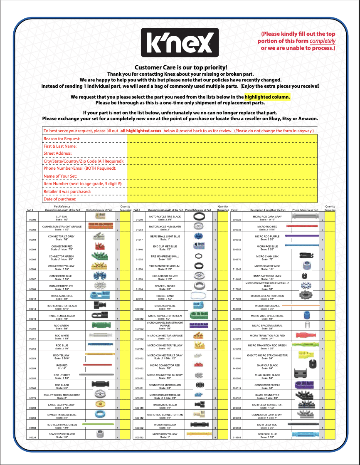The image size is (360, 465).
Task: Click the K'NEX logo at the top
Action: [180, 42]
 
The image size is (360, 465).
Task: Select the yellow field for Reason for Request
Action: [222, 139]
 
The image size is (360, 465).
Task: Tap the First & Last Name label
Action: [60, 146]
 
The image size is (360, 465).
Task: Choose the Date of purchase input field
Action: [222, 199]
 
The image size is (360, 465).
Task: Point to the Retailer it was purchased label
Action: [67, 191]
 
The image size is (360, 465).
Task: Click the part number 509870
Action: [237, 260]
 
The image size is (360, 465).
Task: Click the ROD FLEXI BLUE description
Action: [267, 435]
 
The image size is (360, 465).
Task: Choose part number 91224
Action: [32, 438]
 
